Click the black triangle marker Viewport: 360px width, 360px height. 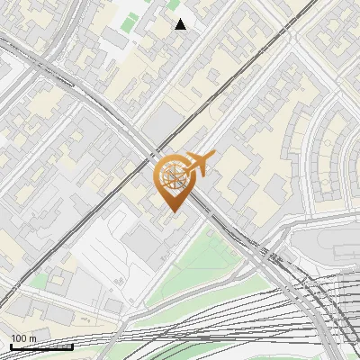click(181, 24)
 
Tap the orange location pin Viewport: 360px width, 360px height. click(175, 181)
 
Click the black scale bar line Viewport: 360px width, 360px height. click(41, 346)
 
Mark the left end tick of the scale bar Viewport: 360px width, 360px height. click(11, 345)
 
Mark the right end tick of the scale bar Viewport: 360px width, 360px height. click(72, 345)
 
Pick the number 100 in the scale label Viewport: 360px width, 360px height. click(18, 338)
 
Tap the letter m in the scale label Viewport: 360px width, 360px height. click(32, 338)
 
